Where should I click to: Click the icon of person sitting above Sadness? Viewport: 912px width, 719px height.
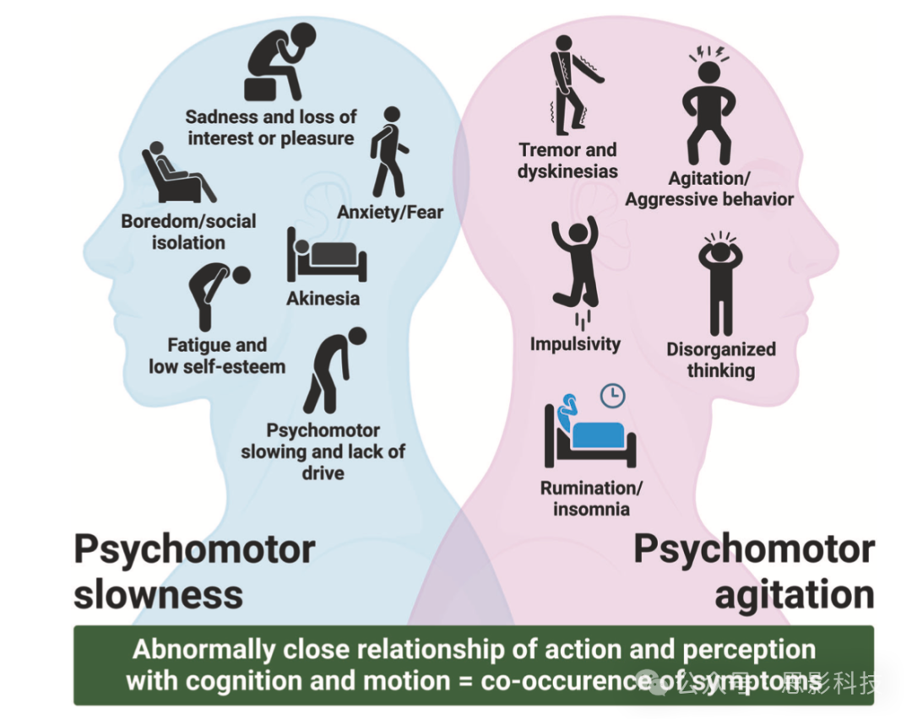(279, 62)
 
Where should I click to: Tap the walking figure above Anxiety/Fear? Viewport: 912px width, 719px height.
(388, 153)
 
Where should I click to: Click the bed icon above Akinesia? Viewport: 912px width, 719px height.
(326, 255)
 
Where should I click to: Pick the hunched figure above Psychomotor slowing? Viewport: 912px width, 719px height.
(335, 369)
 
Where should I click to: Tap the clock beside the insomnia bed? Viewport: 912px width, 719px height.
(612, 395)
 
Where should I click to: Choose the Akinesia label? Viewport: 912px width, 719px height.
(323, 299)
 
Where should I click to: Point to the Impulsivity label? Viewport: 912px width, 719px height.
(575, 344)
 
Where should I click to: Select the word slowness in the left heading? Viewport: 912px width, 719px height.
(158, 594)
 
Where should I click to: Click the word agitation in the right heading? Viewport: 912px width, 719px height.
(793, 594)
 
